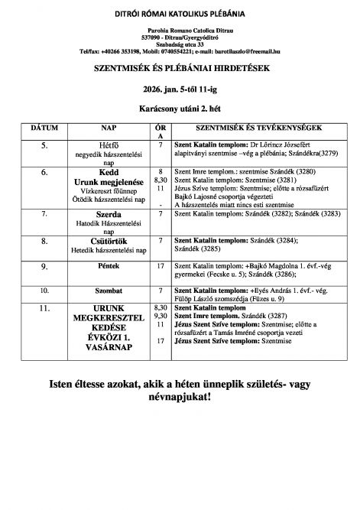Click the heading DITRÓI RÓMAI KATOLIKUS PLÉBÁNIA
pyautogui.click(x=180, y=15)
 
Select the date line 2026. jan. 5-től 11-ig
pyautogui.click(x=180, y=90)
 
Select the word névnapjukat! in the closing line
pyautogui.click(x=180, y=398)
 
